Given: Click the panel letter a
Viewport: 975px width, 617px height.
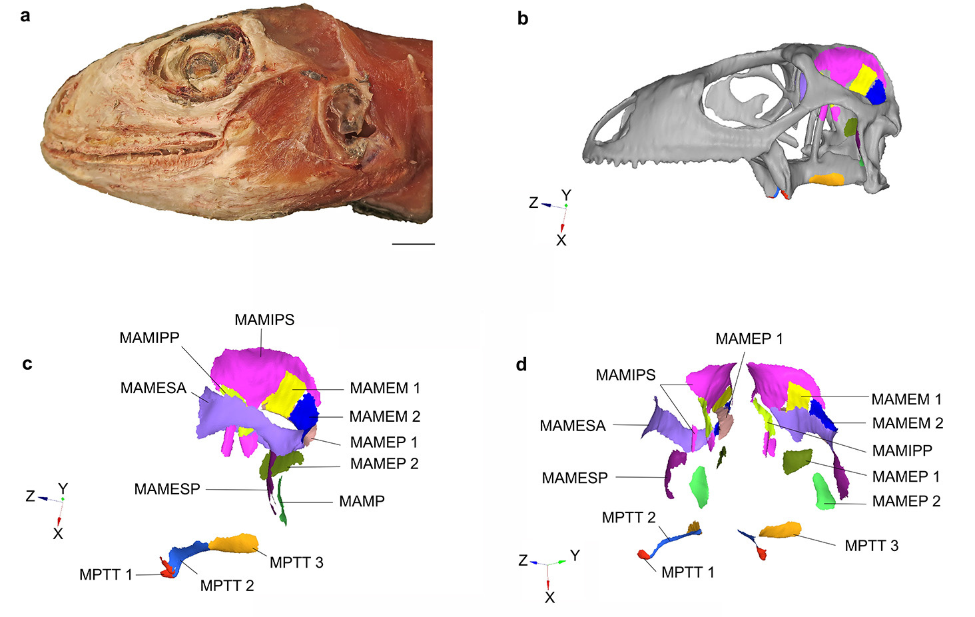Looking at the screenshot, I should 25,15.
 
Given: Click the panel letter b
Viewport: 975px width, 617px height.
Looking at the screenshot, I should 523,19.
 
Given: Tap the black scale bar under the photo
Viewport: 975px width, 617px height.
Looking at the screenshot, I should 413,244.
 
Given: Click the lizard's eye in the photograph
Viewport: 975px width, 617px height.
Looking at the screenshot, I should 198,65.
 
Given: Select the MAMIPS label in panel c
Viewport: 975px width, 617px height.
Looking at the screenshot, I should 264,320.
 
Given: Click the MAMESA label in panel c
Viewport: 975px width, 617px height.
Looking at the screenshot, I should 153,388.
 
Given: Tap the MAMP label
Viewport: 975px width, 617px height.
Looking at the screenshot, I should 362,501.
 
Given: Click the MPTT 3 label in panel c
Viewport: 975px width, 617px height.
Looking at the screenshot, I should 296,562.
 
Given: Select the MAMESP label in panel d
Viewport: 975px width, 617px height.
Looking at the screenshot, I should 575,478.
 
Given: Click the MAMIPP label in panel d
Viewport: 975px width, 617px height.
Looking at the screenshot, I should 902,450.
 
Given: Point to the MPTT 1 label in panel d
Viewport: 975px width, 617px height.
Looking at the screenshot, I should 687,572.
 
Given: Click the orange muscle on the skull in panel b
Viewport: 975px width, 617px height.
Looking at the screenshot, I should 826,179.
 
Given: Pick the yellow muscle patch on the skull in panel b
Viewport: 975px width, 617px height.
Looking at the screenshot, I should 862,79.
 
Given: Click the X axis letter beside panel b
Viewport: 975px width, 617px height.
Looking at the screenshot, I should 561,241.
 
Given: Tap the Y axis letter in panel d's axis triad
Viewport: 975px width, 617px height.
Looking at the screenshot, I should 575,555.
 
